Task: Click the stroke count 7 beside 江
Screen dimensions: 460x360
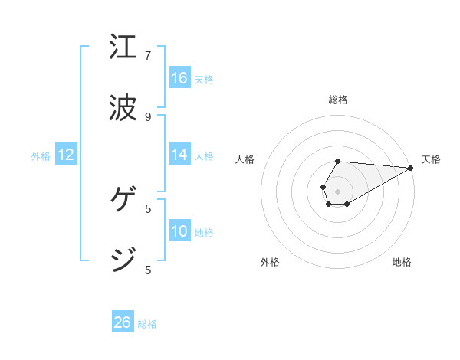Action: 148,56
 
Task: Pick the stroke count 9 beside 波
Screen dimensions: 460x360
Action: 148,117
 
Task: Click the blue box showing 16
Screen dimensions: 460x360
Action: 179,78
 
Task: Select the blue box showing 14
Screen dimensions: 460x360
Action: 179,155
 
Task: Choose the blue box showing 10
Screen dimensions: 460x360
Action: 179,231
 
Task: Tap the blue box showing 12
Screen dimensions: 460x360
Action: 66,155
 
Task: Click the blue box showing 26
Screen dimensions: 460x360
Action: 123,322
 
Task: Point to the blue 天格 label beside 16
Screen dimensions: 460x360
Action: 204,80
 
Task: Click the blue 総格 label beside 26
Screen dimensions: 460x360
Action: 147,324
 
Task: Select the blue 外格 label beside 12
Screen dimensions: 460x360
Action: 41,156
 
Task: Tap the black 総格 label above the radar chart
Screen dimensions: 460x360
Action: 337,100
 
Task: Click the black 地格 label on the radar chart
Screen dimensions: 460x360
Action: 402,262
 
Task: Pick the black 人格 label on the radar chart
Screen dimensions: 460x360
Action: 245,159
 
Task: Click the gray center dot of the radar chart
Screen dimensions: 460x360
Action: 337,190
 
